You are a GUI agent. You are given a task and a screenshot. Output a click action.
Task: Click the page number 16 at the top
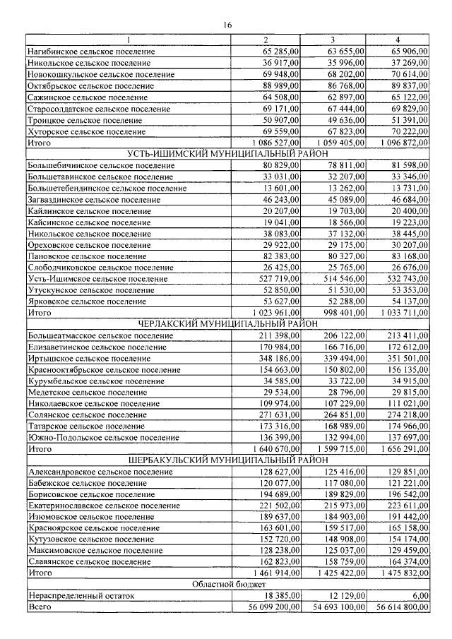[x=227, y=25]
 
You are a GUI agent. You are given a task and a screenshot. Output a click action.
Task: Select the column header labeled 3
[x=332, y=40]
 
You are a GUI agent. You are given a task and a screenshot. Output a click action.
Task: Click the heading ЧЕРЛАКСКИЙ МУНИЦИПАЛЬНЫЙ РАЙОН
[x=227, y=323]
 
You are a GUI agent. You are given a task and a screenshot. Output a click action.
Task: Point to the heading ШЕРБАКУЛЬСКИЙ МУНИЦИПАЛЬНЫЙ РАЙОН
[x=227, y=460]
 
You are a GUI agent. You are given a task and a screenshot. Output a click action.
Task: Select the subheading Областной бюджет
[x=227, y=585]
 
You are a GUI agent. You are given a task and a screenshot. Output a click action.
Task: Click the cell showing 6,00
[x=417, y=596]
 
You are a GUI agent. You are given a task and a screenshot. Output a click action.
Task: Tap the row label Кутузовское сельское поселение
[x=93, y=539]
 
